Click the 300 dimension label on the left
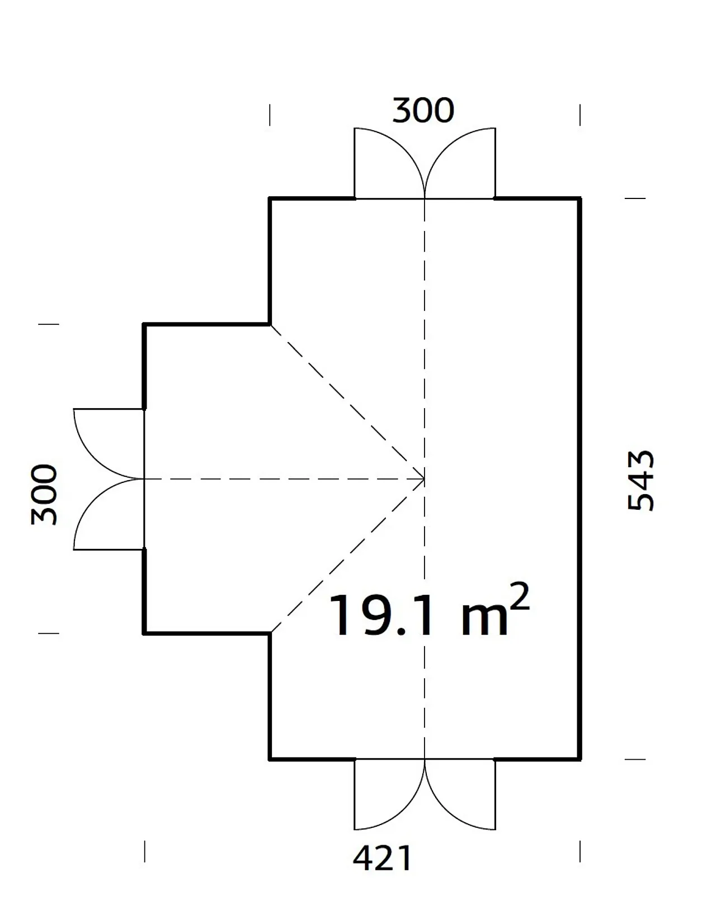click(x=45, y=494)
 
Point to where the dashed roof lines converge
click(x=425, y=479)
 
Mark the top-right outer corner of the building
click(x=580, y=198)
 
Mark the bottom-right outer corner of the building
click(x=580, y=759)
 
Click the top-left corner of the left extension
click(x=145, y=324)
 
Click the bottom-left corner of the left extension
click(x=145, y=633)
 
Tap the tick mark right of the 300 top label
click(x=580, y=115)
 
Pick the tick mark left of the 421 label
click(x=145, y=851)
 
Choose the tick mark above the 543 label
click(x=635, y=198)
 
